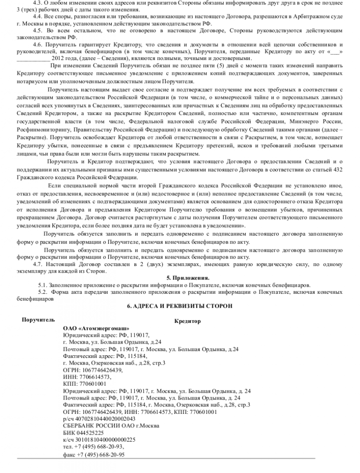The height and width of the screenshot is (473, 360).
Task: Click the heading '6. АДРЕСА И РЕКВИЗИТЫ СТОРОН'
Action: [180, 306]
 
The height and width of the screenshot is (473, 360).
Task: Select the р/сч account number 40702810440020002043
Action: [98, 418]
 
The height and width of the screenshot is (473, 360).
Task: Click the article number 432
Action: [338, 169]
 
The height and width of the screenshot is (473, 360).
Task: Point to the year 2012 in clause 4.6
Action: [58, 59]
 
